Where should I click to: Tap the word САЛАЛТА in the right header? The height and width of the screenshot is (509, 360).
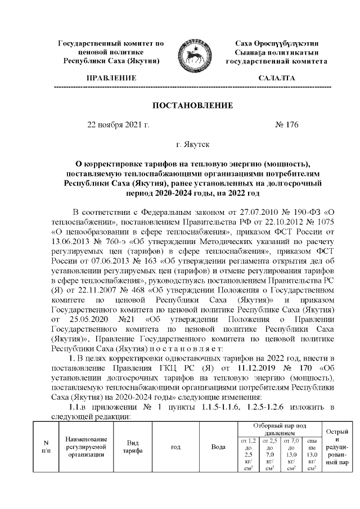coord(276,78)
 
